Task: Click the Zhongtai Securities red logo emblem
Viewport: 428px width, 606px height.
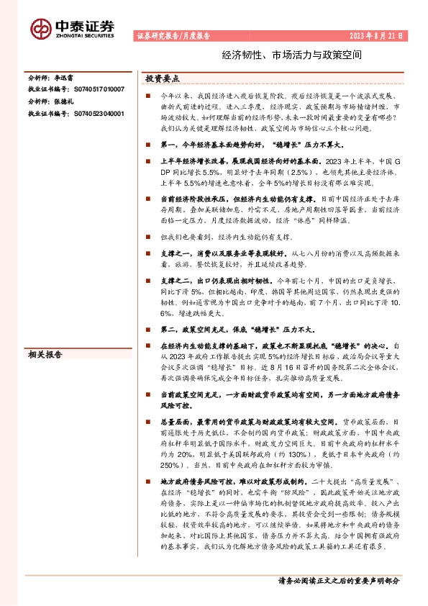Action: point(40,28)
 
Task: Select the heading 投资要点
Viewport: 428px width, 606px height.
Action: point(162,78)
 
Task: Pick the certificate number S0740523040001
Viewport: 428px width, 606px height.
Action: point(98,113)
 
